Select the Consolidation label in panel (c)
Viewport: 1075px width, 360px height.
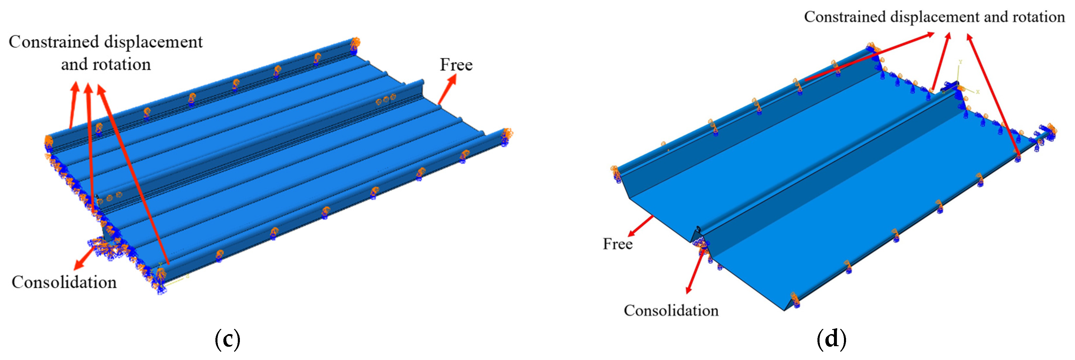64,283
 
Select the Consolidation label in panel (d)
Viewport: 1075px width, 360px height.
671,311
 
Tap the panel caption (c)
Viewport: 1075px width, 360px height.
227,339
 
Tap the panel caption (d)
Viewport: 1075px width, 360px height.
831,339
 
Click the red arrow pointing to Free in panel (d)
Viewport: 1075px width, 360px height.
641,226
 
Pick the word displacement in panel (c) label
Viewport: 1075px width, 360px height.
153,42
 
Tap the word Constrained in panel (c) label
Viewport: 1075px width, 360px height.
54,42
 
